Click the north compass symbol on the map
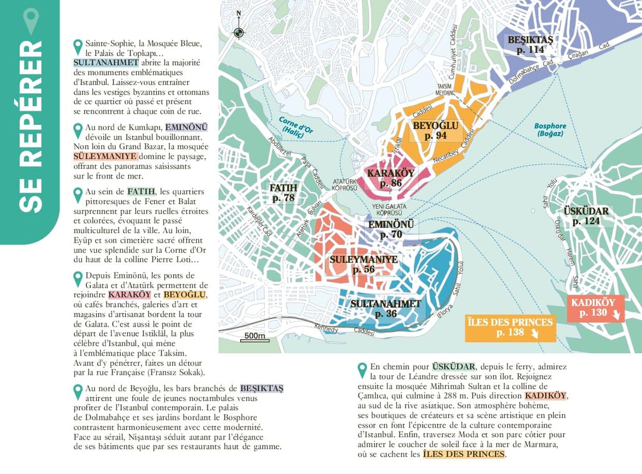(238, 32)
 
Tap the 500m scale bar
(254, 337)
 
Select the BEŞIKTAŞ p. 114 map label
(530, 45)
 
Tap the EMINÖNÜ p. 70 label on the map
(392, 230)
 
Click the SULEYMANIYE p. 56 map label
(363, 265)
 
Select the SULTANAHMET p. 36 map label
(385, 309)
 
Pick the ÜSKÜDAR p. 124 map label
(586, 216)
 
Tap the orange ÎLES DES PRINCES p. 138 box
(511, 328)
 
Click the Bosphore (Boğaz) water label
(550, 130)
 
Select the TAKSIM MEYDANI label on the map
(445, 89)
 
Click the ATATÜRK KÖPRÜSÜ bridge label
(345, 185)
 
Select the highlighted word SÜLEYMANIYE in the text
(105, 156)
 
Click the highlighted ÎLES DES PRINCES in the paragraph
(464, 454)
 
